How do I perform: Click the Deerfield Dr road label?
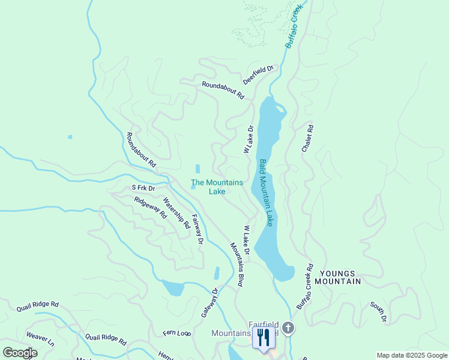click(258, 74)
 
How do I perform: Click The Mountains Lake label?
click(217, 187)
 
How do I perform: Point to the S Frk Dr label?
click(143, 188)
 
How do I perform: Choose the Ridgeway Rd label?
click(150, 208)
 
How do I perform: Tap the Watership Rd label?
click(176, 214)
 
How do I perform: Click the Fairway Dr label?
click(197, 229)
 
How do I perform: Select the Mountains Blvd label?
click(238, 264)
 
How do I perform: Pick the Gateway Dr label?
click(210, 302)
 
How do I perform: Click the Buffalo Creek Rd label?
click(305, 288)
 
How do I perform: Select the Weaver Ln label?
click(40, 339)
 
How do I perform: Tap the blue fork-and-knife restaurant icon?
click(263, 338)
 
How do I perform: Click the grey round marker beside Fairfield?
click(288, 328)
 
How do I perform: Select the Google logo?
click(20, 353)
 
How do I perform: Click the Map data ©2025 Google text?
click(411, 355)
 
